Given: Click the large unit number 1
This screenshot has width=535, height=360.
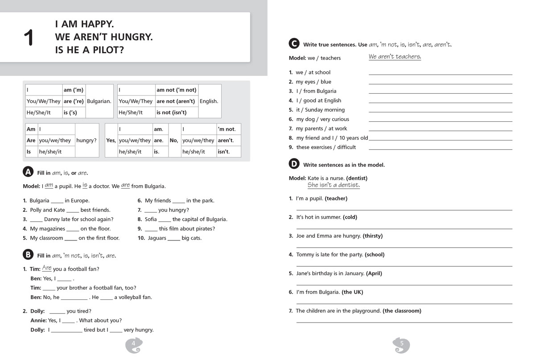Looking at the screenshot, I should click(x=29, y=37).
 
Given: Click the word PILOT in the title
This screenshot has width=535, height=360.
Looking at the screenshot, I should click(x=107, y=50).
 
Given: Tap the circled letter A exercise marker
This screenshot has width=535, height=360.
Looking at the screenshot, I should click(x=28, y=172).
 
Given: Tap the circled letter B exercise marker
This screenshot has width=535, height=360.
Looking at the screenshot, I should click(x=28, y=255).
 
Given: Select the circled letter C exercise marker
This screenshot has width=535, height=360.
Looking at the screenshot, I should click(x=294, y=44).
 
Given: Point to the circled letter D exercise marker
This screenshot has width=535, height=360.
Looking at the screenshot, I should click(x=294, y=164).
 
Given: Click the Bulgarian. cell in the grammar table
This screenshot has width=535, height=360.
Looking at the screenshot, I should click(x=99, y=101).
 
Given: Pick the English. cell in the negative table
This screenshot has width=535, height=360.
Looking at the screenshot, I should click(x=209, y=101).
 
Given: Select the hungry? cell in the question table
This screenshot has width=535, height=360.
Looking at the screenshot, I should click(x=86, y=140).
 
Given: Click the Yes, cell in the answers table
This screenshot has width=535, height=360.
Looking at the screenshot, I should click(x=111, y=140).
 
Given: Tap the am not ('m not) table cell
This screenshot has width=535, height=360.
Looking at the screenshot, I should click(x=177, y=90).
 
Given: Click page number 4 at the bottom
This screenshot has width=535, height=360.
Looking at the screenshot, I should click(x=133, y=343).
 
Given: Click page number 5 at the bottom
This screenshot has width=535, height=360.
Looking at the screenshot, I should click(x=401, y=343).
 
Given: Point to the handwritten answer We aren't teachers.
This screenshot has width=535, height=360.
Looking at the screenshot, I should click(x=395, y=57).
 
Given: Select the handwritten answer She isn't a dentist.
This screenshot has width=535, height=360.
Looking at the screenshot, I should click(x=333, y=185).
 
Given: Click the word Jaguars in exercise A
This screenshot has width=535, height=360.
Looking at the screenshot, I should click(x=156, y=238).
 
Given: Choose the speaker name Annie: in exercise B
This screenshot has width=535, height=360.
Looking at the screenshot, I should click(x=38, y=320).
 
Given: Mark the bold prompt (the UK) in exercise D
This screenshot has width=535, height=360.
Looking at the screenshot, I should click(x=352, y=292).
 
